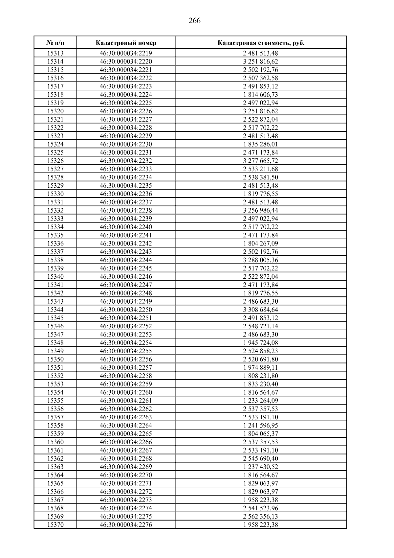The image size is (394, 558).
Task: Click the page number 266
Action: [x=195, y=21]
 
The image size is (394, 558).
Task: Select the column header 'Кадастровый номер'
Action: [x=126, y=43]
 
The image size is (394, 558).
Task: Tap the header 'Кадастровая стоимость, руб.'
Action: [x=261, y=43]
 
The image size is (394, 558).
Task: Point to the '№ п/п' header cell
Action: [x=55, y=43]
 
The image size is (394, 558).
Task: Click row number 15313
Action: [x=55, y=53]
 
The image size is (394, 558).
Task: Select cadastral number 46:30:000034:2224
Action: [x=126, y=95]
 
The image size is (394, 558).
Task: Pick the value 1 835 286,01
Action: [x=261, y=144]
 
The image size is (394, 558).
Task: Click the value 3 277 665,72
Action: [x=261, y=161]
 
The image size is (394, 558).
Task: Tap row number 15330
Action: [x=55, y=194]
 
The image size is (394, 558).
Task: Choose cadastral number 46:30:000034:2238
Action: [x=126, y=210]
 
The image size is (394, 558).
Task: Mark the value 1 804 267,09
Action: [x=261, y=244]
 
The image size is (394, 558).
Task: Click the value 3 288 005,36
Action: [x=261, y=260]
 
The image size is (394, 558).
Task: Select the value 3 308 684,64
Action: [x=261, y=310]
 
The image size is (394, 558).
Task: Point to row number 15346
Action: [x=55, y=326]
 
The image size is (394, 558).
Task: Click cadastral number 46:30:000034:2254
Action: [x=126, y=343]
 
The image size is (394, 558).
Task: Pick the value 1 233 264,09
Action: [x=261, y=401]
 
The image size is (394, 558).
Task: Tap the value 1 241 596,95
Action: [x=261, y=425]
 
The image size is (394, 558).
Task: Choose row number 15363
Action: [x=55, y=467]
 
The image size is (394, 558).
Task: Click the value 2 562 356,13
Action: [x=261, y=516]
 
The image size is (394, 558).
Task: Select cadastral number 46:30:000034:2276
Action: [x=126, y=524]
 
